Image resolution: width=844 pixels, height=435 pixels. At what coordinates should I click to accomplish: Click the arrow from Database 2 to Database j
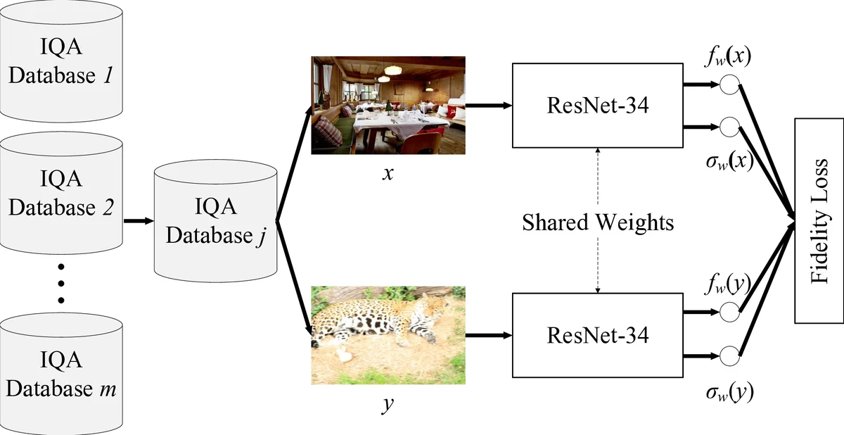[x=138, y=221]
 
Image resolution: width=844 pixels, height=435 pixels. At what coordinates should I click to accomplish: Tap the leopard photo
[x=388, y=334]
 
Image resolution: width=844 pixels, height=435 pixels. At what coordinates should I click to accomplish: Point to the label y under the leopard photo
[x=388, y=405]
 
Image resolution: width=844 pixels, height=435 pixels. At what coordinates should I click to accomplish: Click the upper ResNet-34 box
[x=597, y=106]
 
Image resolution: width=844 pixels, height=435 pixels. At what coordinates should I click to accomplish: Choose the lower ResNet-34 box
[x=597, y=335]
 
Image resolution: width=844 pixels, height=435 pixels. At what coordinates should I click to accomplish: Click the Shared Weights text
[x=597, y=222]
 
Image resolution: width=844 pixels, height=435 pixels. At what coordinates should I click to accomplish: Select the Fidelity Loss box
[x=817, y=222]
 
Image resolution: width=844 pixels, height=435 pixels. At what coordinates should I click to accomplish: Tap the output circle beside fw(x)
[x=729, y=85]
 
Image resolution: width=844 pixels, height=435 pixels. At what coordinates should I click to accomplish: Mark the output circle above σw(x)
[x=729, y=127]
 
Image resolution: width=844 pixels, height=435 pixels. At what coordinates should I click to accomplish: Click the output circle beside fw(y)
[x=729, y=310]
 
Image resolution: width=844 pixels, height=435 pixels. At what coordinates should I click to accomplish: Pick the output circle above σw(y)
[x=729, y=355]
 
